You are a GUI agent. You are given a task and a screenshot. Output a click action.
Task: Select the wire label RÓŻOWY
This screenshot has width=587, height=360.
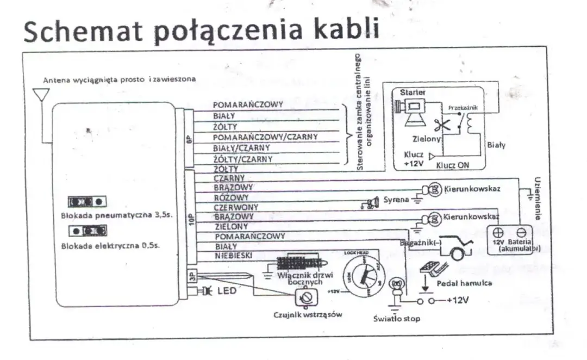coord(232,197)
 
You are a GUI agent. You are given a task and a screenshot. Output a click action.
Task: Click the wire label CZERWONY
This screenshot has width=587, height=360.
coord(235,207)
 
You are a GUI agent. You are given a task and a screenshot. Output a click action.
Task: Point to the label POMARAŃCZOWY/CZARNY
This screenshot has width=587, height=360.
coord(265,136)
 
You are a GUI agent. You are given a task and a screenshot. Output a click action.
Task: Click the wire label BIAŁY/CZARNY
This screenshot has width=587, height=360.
coord(242,147)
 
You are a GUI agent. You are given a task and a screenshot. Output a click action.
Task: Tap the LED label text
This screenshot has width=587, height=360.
coord(227,291)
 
